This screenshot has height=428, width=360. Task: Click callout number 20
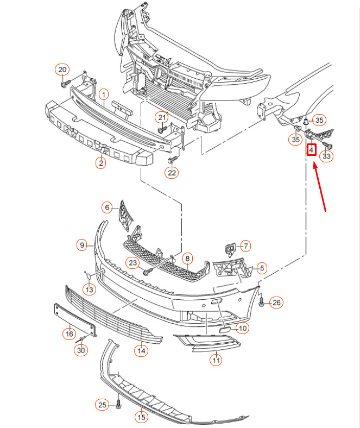pyautogui.click(x=62, y=70)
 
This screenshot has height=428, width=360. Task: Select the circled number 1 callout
pyautogui.click(x=104, y=95)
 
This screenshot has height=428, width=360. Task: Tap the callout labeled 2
pyautogui.click(x=100, y=163)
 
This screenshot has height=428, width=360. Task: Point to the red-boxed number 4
pyautogui.click(x=312, y=150)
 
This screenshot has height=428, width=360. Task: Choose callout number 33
pyautogui.click(x=326, y=156)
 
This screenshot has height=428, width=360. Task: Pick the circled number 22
pyautogui.click(x=172, y=173)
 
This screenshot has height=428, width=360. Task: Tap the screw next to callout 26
pyautogui.click(x=261, y=301)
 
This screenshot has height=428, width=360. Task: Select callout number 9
pyautogui.click(x=82, y=245)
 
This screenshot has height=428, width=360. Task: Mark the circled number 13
pyautogui.click(x=89, y=289)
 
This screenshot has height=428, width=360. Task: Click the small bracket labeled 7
pyautogui.click(x=230, y=249)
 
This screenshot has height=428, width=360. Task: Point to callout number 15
pyautogui.click(x=141, y=417)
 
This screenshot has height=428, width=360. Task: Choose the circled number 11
pyautogui.click(x=216, y=360)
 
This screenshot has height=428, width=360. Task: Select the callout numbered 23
pyautogui.click(x=132, y=263)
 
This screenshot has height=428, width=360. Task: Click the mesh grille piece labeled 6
pyautogui.click(x=125, y=216)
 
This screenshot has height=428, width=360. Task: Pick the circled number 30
pyautogui.click(x=81, y=350)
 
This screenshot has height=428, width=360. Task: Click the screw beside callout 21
pyautogui.click(x=162, y=129)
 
